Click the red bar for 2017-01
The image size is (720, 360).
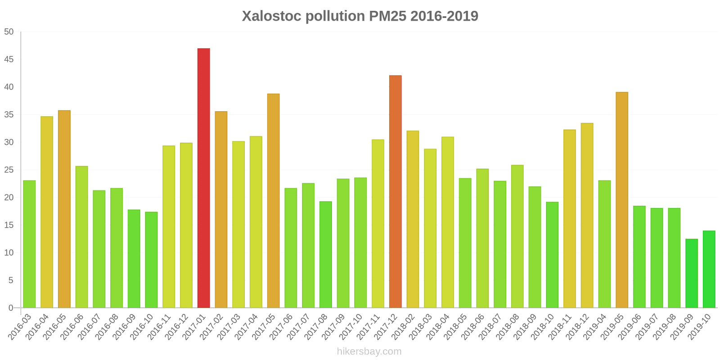203,178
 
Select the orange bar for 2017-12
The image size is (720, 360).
395,191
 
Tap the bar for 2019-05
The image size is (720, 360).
622,200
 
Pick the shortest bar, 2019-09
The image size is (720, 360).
692,273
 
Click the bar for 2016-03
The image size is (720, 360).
29,244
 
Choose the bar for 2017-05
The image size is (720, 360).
273,201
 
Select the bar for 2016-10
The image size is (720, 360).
151,260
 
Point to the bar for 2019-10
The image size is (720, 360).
709,269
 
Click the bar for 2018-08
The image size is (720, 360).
517,236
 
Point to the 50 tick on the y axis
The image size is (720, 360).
9,32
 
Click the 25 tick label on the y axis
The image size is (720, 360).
9,170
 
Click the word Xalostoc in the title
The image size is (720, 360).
271,16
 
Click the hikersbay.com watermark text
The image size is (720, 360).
369,351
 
